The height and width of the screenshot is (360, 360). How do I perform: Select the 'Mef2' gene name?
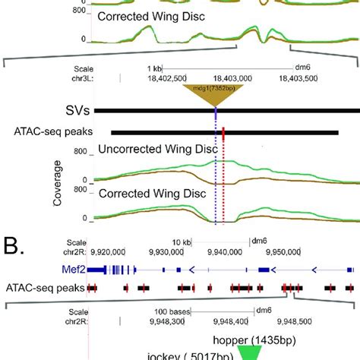(x=71, y=269)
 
